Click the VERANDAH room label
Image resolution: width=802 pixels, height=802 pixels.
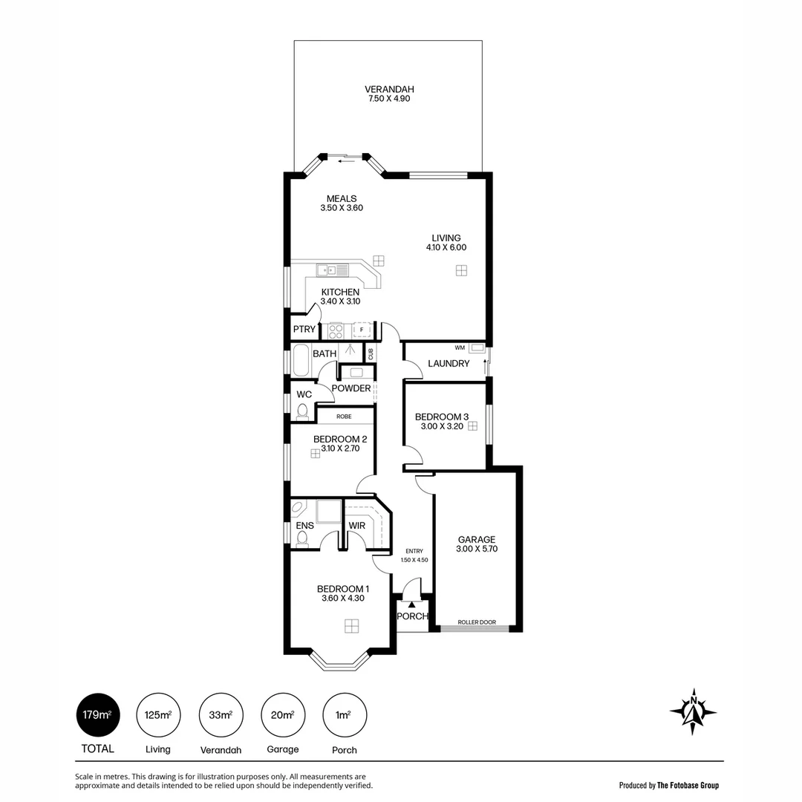tap(389, 89)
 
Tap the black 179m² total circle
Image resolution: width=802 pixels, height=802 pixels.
tap(97, 715)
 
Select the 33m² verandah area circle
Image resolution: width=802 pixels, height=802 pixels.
tap(221, 715)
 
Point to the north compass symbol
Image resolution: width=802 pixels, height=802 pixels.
tap(693, 711)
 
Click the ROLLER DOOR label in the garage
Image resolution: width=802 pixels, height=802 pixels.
tap(476, 622)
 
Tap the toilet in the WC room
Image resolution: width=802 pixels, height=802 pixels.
tap(302, 411)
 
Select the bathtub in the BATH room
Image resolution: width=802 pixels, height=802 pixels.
tap(301, 360)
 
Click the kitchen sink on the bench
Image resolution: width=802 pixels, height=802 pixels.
tap(327, 270)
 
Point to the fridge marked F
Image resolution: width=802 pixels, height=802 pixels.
tap(362, 329)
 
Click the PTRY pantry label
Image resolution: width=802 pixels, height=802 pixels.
tap(304, 329)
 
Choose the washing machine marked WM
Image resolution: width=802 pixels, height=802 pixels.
tap(476, 348)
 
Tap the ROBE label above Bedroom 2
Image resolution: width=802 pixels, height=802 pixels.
tap(344, 417)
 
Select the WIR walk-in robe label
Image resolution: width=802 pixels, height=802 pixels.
tap(357, 526)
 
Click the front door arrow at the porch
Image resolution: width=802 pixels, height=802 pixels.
tap(411, 604)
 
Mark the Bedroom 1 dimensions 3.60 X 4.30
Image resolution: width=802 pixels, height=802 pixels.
tap(342, 599)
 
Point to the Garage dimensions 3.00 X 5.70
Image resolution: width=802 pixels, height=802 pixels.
tap(476, 549)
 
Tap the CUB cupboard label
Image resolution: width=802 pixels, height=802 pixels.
tap(370, 353)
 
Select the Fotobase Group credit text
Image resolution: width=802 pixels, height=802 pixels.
tap(668, 785)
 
